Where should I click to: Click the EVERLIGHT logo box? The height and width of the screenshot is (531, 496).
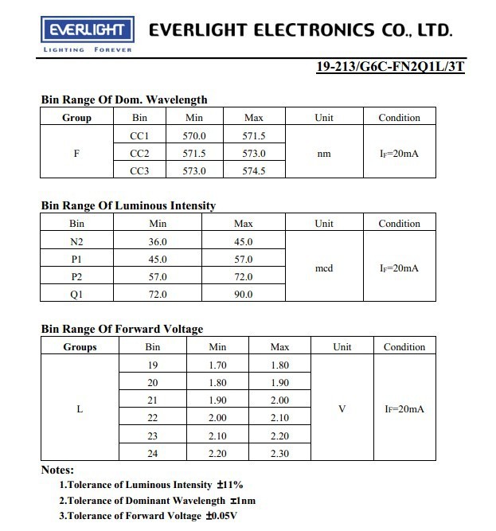tap(87, 30)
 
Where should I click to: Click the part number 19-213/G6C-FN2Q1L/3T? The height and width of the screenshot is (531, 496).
tap(390, 66)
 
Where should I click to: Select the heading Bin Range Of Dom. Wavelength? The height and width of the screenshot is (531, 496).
tap(123, 100)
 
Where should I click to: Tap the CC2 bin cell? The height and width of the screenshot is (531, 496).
tap(139, 153)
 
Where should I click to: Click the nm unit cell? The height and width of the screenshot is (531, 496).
tap(323, 153)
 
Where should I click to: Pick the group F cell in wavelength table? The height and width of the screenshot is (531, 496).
tap(76, 153)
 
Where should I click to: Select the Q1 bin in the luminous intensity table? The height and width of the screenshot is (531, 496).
tap(77, 294)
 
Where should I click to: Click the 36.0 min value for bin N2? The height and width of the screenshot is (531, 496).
tap(158, 241)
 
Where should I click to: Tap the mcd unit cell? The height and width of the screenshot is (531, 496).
tap(323, 268)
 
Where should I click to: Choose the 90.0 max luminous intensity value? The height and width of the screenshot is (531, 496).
tap(243, 294)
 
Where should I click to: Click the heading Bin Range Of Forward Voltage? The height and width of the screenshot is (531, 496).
tap(122, 329)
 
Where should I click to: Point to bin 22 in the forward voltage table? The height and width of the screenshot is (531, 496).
tap(153, 417)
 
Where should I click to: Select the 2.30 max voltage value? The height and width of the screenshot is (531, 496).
tap(279, 453)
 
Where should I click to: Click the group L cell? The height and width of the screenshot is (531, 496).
tap(80, 408)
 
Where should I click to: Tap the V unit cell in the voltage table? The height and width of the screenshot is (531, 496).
tap(342, 408)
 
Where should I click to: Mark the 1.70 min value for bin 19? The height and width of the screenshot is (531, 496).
tap(217, 365)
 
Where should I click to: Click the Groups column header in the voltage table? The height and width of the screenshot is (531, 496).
tap(80, 347)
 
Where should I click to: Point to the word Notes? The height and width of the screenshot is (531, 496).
tap(57, 470)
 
